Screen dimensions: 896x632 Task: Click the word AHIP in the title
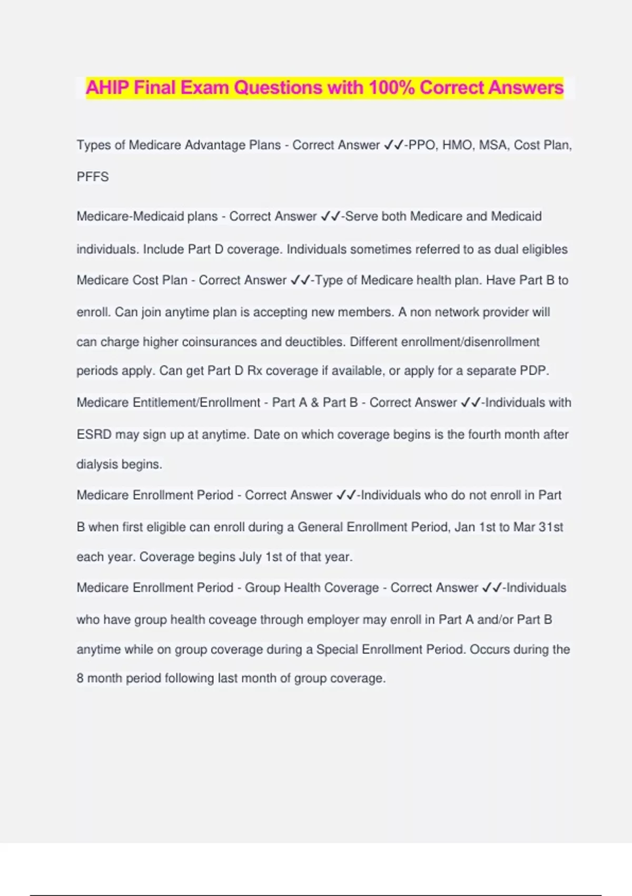pos(107,87)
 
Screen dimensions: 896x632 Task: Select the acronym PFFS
pos(93,177)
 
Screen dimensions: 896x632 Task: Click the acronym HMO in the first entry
pos(457,145)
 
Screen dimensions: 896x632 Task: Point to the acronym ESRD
pos(94,435)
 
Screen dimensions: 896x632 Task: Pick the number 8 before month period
pos(80,678)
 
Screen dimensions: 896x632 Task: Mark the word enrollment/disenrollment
pos(470,342)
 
